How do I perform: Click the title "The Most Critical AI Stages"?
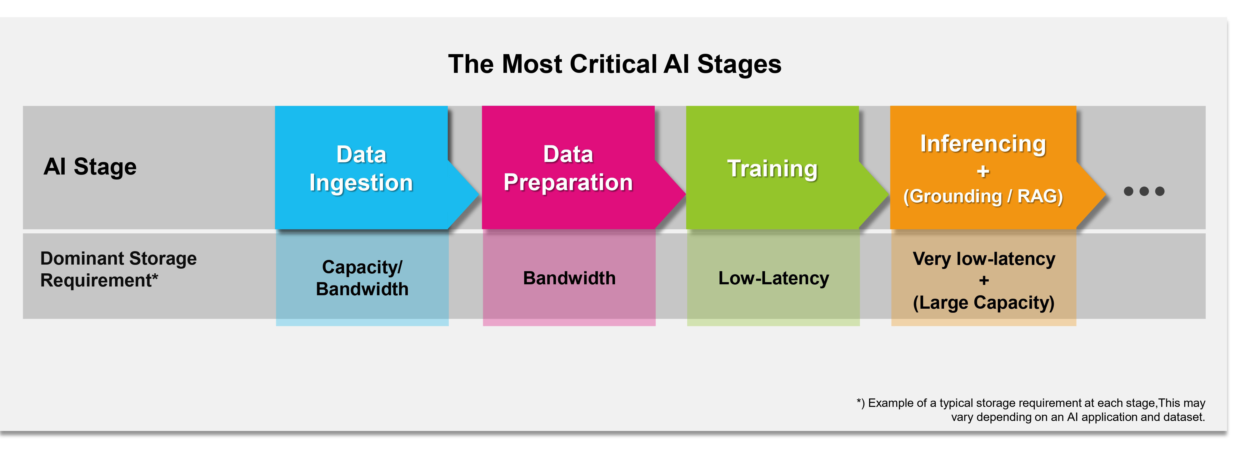[614, 64]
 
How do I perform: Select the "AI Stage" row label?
[90, 167]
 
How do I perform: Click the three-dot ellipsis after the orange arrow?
[1144, 191]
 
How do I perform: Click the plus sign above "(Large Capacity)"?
[984, 280]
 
